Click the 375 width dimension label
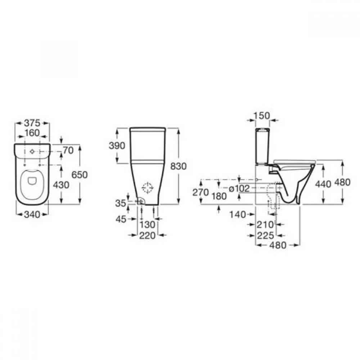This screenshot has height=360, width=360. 32,123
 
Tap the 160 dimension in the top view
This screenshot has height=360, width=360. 32,133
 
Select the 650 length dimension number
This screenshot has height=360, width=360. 80,175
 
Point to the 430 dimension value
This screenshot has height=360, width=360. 61,185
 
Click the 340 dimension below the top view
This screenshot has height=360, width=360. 32,215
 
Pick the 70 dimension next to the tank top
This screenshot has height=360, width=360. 68,150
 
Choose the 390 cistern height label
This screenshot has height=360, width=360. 117,146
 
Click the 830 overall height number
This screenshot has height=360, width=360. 179,166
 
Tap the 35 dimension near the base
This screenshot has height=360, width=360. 121,203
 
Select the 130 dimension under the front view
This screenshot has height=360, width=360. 147,225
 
